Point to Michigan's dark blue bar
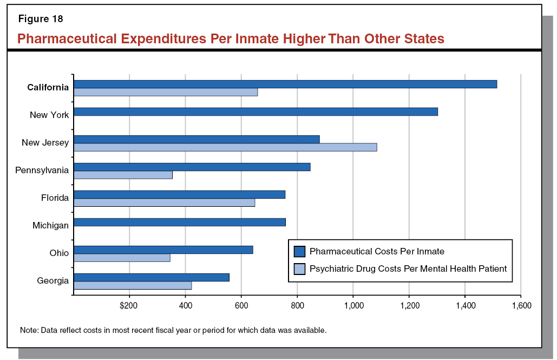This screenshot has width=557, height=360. pos(179,222)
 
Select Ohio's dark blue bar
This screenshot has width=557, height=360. pos(163,250)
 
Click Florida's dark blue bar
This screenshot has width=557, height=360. pos(179,194)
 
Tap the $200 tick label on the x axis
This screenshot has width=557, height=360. pos(129,306)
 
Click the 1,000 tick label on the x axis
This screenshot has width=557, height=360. pos(353,306)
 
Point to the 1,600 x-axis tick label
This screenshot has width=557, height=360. pos(521,306)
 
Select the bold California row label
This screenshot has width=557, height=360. pos(48,88)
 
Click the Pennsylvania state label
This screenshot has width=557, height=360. pos(42,171)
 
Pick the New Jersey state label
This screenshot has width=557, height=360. pos(45,143)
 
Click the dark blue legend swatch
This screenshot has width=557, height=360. pos(300,251)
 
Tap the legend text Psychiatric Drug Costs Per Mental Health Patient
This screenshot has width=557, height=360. pos(408,269)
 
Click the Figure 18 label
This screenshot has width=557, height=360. pos(41,19)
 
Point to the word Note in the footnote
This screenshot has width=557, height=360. pos(28,330)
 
